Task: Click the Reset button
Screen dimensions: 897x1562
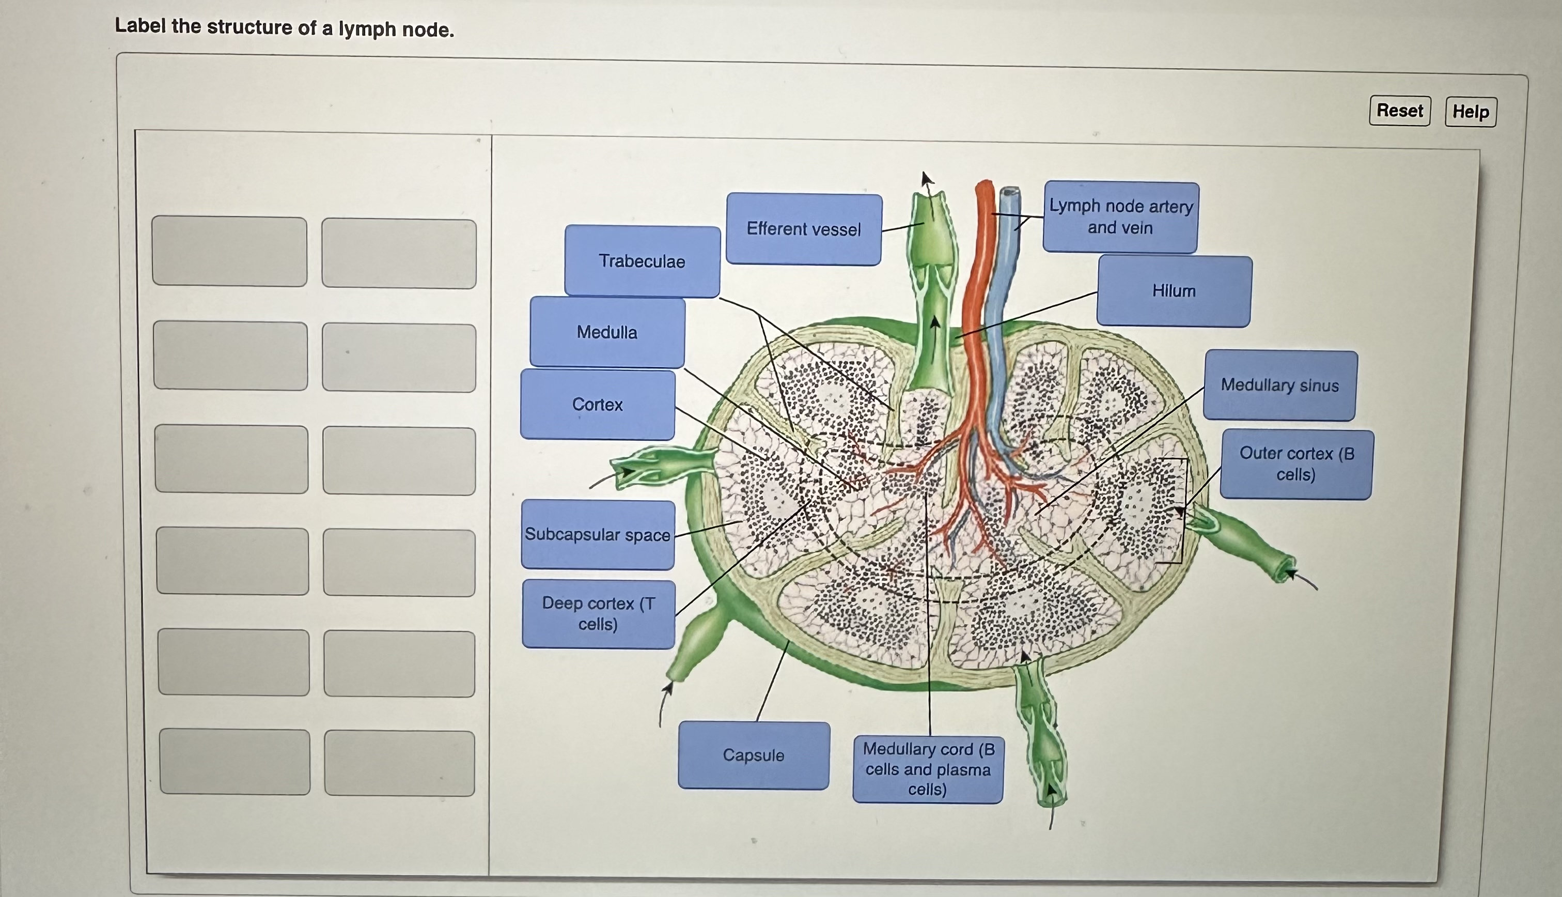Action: (x=1399, y=111)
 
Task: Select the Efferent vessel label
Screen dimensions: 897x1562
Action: (x=804, y=229)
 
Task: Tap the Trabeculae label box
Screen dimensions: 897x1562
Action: (x=642, y=261)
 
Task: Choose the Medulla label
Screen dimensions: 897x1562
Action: (x=606, y=332)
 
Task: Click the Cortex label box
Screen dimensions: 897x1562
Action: (x=597, y=405)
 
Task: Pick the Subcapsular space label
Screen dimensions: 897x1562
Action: (x=597, y=534)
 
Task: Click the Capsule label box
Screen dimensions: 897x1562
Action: (x=753, y=755)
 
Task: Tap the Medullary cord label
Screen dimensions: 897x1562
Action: (x=927, y=769)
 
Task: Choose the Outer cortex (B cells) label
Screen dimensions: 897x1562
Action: (x=1296, y=464)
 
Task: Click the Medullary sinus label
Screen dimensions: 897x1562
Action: (x=1279, y=385)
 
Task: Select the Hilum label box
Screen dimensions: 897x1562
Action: (x=1174, y=291)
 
